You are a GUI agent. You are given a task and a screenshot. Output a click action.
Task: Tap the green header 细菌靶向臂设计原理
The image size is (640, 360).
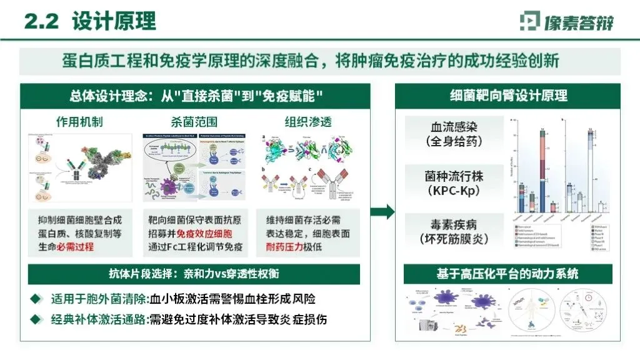click(x=509, y=96)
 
